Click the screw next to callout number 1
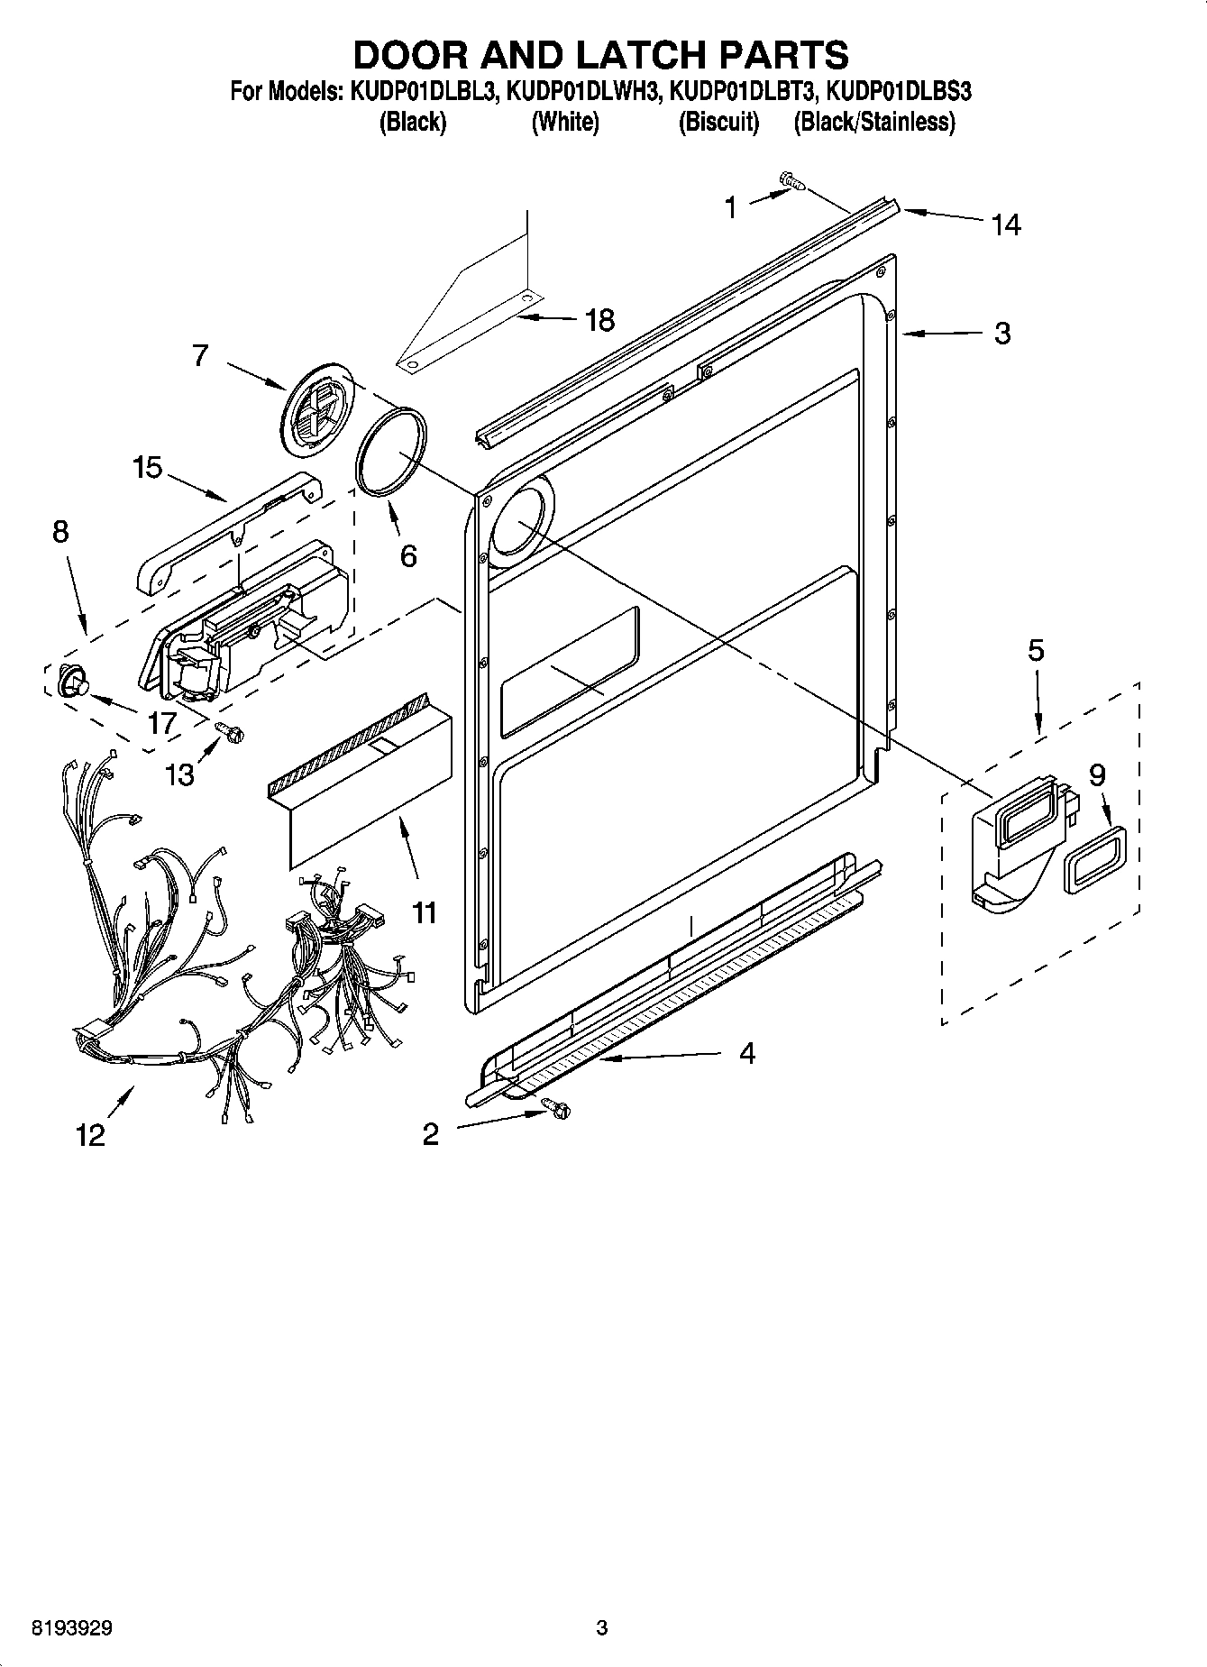[x=792, y=183]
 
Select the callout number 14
[x=1006, y=224]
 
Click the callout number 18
[x=600, y=319]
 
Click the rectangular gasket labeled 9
[x=1094, y=859]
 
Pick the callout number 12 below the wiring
[x=91, y=1134]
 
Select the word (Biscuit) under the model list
[x=718, y=122]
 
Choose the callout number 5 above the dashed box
[x=1036, y=650]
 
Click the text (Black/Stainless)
[x=873, y=122]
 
